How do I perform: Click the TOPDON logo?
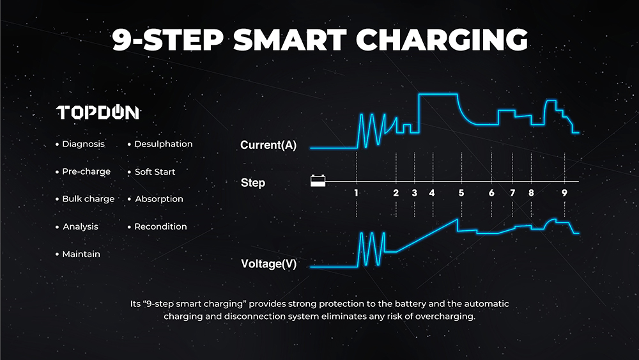tap(98, 113)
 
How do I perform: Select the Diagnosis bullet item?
tap(81, 144)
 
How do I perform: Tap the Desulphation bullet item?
tap(160, 144)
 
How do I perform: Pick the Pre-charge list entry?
tap(83, 171)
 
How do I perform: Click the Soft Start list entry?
tap(151, 171)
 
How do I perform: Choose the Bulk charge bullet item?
tap(85, 199)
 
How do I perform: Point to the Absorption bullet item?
tap(156, 199)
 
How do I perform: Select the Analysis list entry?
tap(77, 227)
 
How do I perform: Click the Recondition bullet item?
tap(157, 227)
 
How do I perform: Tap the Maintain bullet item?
tap(78, 254)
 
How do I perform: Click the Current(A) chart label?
tap(268, 145)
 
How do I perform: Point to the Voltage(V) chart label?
tap(269, 264)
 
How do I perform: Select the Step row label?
tap(253, 183)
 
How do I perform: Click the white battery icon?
tap(318, 180)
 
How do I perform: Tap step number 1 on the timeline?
tap(356, 193)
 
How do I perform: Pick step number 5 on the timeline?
tap(461, 193)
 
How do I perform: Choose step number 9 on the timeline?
tap(564, 193)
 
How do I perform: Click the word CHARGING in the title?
tap(442, 40)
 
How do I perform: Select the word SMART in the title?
tap(289, 40)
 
